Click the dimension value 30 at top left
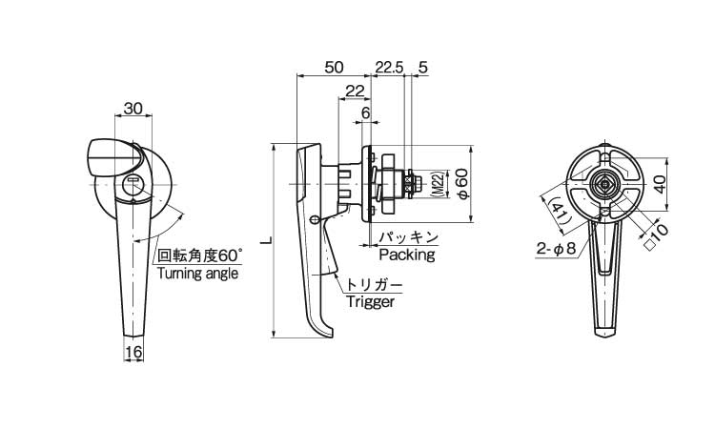tap(133, 109)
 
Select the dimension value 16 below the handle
tap(133, 353)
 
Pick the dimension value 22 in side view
tap(355, 91)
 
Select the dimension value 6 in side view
tap(366, 113)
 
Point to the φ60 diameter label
tap(461, 183)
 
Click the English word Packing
tap(406, 255)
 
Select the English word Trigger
tap(371, 302)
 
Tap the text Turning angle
tap(198, 273)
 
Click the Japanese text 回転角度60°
tap(200, 255)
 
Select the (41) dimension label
tap(560, 212)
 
